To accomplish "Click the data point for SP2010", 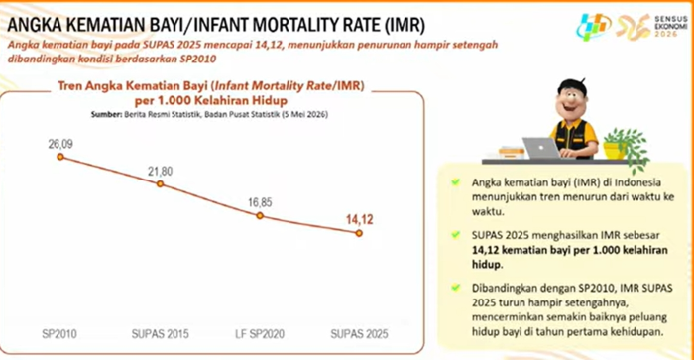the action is [60, 157].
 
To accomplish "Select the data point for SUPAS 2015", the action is [161, 183].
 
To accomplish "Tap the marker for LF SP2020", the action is [260, 215].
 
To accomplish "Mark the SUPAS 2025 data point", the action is [359, 233].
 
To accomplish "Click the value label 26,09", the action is [60, 144].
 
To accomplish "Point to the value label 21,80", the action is [161, 171].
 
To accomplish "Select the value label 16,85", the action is [260, 202].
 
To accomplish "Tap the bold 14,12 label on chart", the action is [359, 219].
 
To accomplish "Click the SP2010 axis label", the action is [59, 334].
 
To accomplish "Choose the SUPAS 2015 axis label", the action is [161, 334].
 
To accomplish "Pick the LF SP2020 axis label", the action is [260, 334].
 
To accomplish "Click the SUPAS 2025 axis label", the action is [359, 334].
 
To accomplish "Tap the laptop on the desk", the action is [541, 148].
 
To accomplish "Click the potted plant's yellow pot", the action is [614, 150].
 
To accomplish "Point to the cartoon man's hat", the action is [572, 86].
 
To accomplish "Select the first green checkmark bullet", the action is [455, 182].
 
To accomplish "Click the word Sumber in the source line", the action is [106, 114].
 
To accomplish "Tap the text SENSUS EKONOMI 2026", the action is [671, 26].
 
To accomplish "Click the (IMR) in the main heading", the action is [405, 25].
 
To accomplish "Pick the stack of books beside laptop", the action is [512, 153].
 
